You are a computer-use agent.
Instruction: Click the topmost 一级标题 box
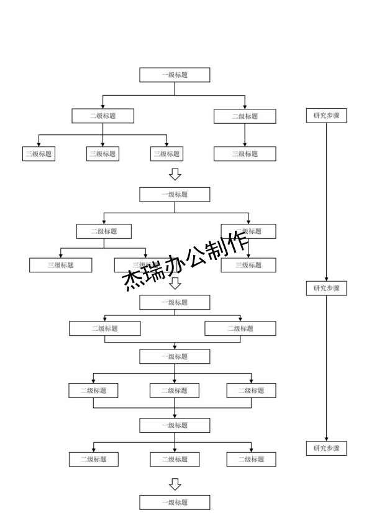[175, 75]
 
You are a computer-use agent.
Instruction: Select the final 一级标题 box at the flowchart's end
[175, 502]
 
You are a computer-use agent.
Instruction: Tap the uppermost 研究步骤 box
[326, 116]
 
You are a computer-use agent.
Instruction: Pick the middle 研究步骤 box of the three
[326, 289]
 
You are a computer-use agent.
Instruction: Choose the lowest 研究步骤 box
[326, 448]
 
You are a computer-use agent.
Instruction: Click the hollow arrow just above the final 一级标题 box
[175, 484]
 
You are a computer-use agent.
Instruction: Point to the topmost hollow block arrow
[175, 174]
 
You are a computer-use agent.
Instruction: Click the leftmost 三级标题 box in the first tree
[39, 154]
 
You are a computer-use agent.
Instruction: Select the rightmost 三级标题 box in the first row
[245, 154]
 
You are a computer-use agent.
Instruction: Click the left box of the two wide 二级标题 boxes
[104, 328]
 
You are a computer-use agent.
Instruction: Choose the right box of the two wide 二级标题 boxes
[240, 328]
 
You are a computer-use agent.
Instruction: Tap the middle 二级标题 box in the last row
[175, 460]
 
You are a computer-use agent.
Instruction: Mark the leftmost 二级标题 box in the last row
[93, 460]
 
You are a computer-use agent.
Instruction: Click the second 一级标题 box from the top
[175, 195]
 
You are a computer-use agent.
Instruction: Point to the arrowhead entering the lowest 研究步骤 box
[326, 439]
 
